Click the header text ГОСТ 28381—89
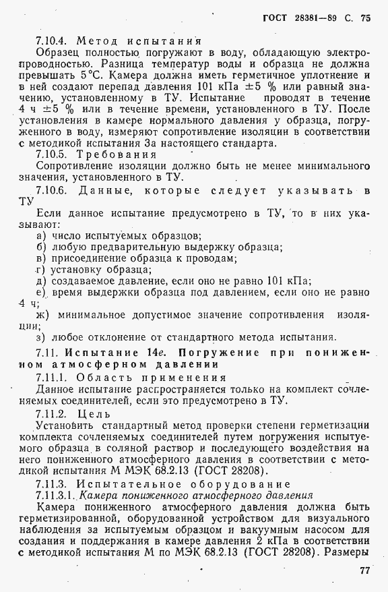(302, 18)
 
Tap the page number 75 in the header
(366, 18)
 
